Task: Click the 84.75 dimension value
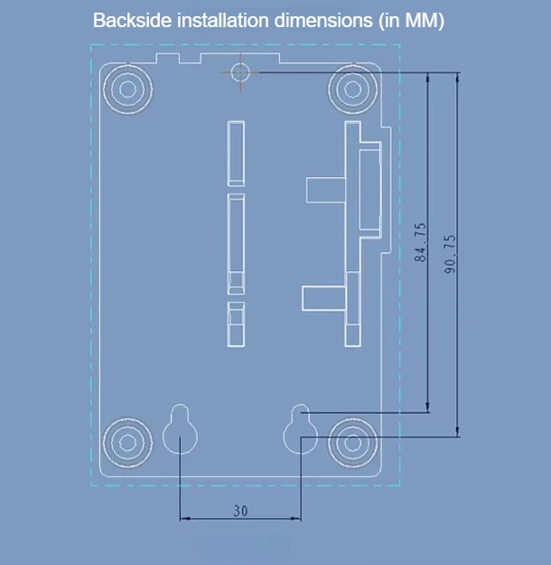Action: pos(420,242)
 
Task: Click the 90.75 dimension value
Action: pos(450,254)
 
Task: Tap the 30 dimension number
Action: pos(240,511)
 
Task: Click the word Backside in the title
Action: pos(133,20)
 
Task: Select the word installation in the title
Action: pos(224,20)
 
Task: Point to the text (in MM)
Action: pos(411,21)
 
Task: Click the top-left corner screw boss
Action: pos(128,89)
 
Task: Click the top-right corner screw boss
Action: pos(353,89)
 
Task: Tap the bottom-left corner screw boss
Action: pos(128,442)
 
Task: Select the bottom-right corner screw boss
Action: pos(353,442)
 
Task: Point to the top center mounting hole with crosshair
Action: pos(240,72)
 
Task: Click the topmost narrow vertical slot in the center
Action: pos(236,154)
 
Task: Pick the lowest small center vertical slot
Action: pos(236,325)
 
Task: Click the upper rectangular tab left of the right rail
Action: pos(325,190)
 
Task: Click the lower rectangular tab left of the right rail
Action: pos(323,298)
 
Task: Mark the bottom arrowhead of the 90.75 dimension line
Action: pos(458,432)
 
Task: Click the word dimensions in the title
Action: pos(323,20)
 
